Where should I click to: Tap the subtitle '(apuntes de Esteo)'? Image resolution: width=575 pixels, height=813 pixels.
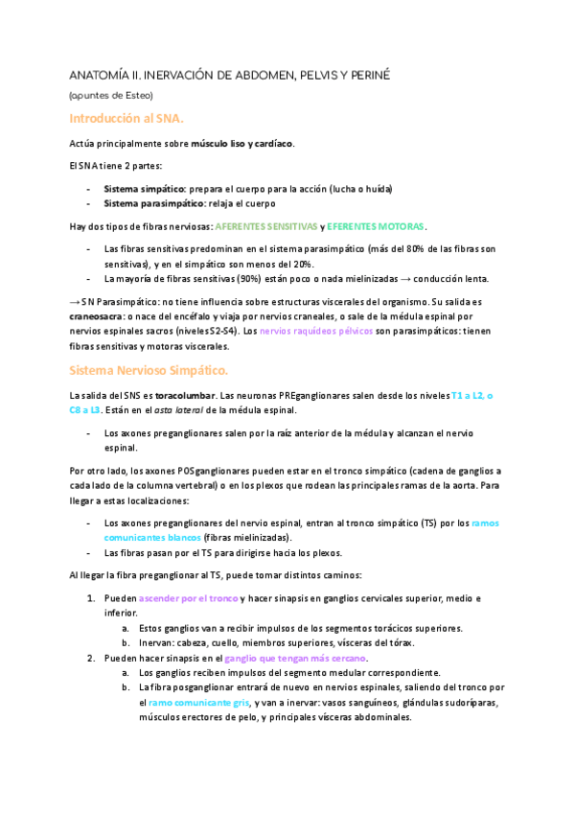pos(111,95)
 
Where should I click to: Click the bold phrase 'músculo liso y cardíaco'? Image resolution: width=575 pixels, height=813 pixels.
pos(241,144)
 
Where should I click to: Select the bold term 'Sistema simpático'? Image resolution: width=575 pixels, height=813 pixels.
pos(143,190)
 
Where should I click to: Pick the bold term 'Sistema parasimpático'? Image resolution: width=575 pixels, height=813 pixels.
pos(152,203)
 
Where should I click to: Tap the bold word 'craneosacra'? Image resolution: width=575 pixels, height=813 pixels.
pos(99,314)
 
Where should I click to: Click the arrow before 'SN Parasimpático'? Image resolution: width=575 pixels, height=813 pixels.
pos(75,301)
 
